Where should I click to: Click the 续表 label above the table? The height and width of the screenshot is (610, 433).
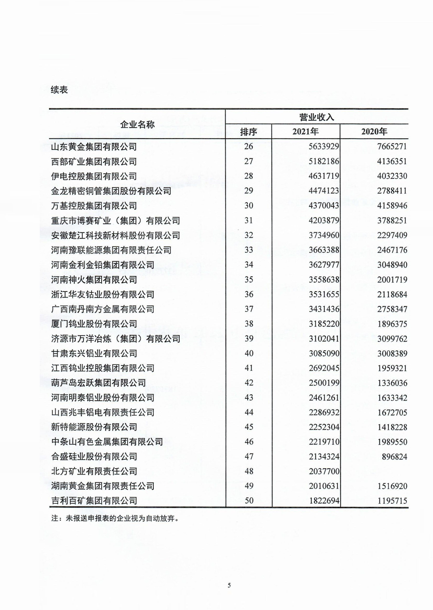pyautogui.click(x=59, y=90)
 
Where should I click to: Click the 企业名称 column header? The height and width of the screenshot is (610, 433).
pyautogui.click(x=137, y=124)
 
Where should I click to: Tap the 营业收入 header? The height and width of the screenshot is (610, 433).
pyautogui.click(x=316, y=117)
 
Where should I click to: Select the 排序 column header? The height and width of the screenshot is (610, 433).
pyautogui.click(x=249, y=132)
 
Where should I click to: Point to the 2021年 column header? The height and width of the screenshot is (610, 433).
pyautogui.click(x=305, y=132)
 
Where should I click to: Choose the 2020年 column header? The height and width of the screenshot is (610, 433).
pyautogui.click(x=374, y=132)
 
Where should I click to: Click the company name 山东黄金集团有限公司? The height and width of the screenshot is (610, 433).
pyautogui.click(x=94, y=147)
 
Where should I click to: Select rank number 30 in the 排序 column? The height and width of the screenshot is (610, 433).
pyautogui.click(x=249, y=205)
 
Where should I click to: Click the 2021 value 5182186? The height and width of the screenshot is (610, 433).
pyautogui.click(x=324, y=161)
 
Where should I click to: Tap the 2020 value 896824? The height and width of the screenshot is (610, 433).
pyautogui.click(x=394, y=457)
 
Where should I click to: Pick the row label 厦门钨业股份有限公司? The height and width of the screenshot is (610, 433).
pyautogui.click(x=94, y=324)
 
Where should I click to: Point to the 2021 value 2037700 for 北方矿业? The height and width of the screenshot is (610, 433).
pyautogui.click(x=324, y=471)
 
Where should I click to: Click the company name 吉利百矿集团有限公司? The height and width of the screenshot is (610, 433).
pyautogui.click(x=94, y=501)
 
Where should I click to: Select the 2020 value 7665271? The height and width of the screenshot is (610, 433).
pyautogui.click(x=392, y=146)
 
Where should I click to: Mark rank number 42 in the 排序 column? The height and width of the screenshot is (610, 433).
pyautogui.click(x=249, y=383)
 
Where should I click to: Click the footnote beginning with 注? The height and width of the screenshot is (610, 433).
pyautogui.click(x=115, y=518)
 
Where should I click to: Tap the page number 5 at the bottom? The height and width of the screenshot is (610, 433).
pyautogui.click(x=229, y=585)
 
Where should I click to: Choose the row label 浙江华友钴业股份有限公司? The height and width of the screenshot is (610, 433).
pyautogui.click(x=103, y=294)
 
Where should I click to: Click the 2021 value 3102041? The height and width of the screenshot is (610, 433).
pyautogui.click(x=324, y=338)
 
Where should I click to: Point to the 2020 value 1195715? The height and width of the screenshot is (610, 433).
pyautogui.click(x=392, y=501)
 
